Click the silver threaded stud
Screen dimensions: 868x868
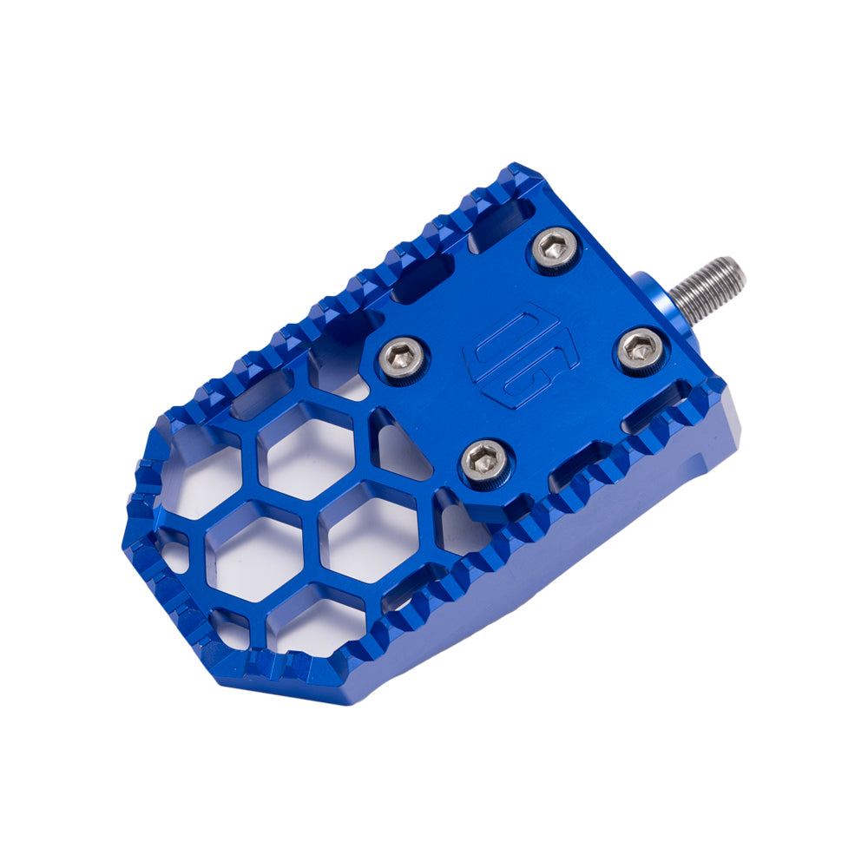tap(707, 287)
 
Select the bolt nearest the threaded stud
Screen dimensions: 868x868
tap(641, 350)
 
